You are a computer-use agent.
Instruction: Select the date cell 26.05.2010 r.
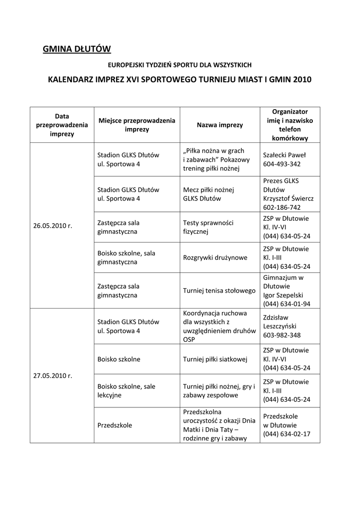(x=53, y=225)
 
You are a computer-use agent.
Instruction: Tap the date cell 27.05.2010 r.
(x=53, y=375)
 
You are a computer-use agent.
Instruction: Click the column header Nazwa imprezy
(x=220, y=125)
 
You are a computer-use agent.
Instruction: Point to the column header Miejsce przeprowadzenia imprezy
(x=137, y=125)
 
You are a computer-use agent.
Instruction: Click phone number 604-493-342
(x=282, y=164)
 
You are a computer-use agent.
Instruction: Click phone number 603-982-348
(x=282, y=335)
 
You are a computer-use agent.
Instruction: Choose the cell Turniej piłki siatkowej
(x=216, y=359)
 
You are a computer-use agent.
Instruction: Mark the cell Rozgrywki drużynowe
(x=215, y=257)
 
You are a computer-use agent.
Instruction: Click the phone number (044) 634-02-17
(x=287, y=434)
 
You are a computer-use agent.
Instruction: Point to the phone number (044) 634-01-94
(x=287, y=304)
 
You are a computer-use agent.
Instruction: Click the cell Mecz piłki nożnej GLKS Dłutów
(x=209, y=194)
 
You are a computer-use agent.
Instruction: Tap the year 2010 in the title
(x=303, y=79)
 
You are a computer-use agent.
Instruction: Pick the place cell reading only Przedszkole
(x=115, y=425)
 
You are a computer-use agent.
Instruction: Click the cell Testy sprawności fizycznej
(x=208, y=227)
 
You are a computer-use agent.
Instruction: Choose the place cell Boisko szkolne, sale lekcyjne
(x=126, y=391)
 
